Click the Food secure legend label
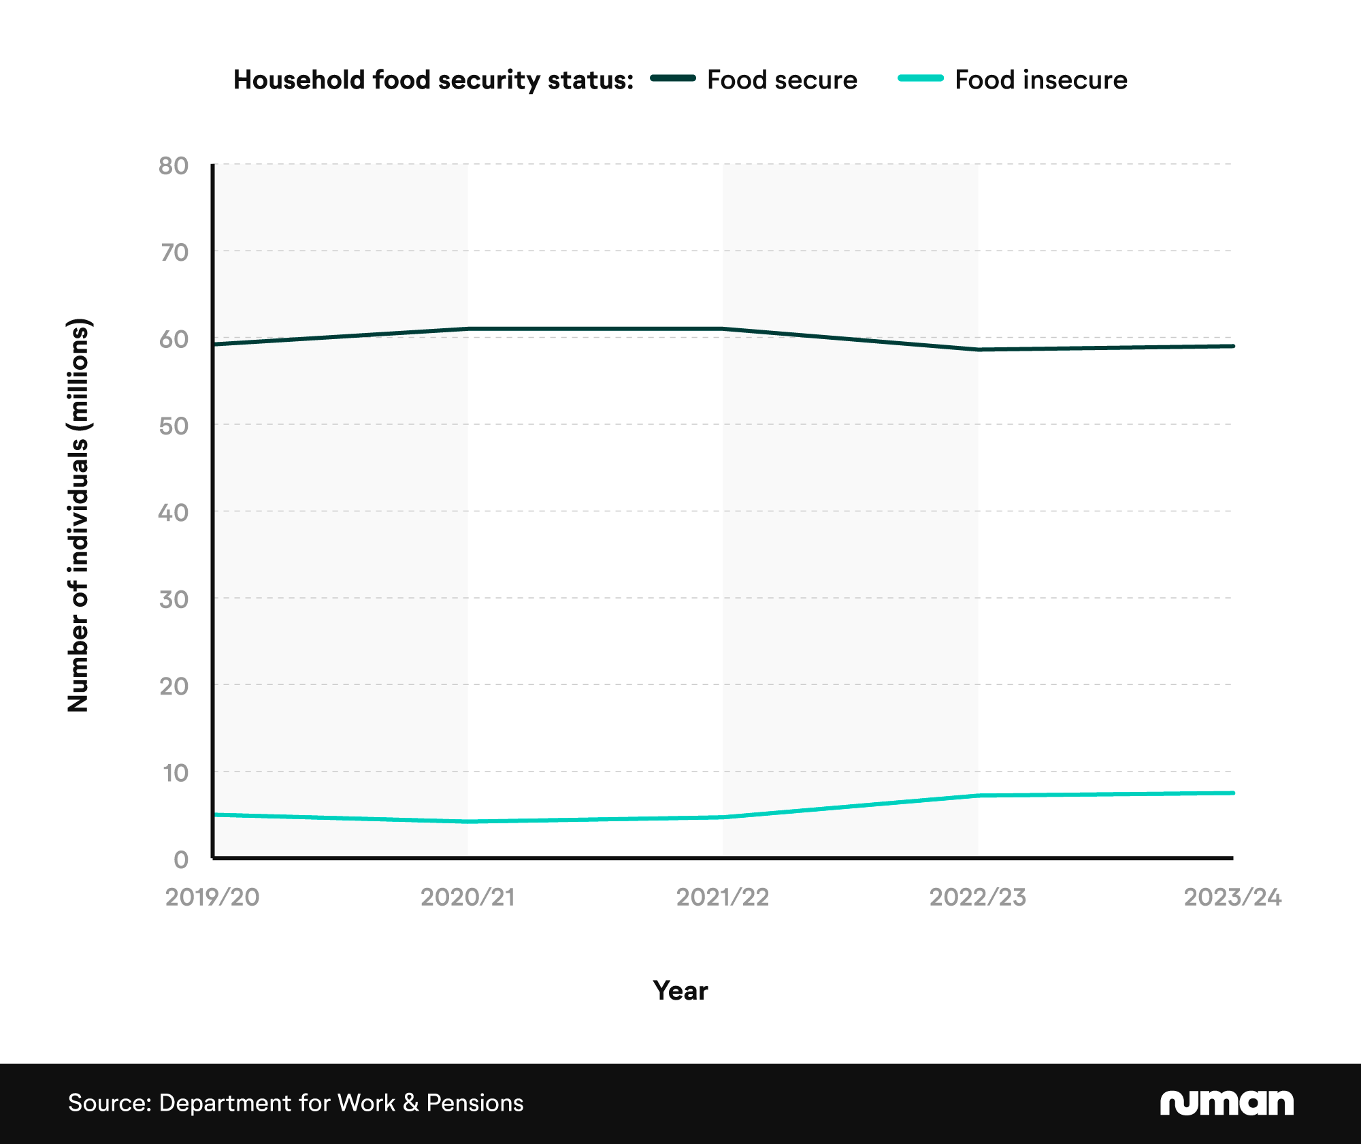click(x=782, y=80)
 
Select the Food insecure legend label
click(x=1040, y=80)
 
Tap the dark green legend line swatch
click(x=672, y=78)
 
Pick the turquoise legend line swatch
click(x=921, y=78)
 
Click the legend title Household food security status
click(x=433, y=80)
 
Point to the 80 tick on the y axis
click(x=173, y=165)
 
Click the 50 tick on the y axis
click(x=173, y=426)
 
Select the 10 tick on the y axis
click(x=174, y=773)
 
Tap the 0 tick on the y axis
click(x=181, y=859)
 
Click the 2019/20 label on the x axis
click(x=212, y=897)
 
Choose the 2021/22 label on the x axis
click(x=723, y=897)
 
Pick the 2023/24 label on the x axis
click(x=1232, y=897)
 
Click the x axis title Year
click(x=680, y=991)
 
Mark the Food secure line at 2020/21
click(x=468, y=329)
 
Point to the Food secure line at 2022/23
click(x=978, y=349)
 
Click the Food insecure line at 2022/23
click(x=978, y=795)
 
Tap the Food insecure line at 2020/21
click(x=468, y=821)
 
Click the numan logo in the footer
click(x=1226, y=1103)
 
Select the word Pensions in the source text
click(x=474, y=1103)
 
